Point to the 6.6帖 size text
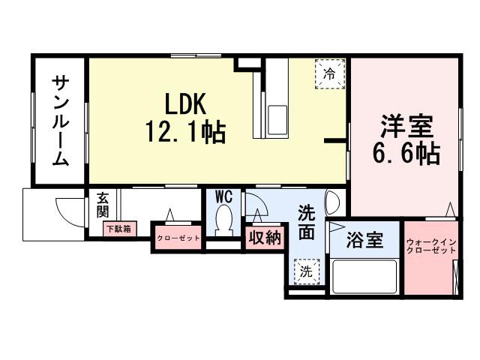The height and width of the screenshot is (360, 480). pos(406,153)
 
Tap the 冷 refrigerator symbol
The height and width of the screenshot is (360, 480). pos(329,74)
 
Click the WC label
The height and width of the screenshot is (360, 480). pos(223,196)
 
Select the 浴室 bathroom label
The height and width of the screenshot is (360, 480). pos(365,241)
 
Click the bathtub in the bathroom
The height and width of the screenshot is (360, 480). pos(364,277)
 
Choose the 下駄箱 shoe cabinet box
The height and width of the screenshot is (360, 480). pos(118,228)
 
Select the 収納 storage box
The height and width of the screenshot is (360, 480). pos(265,238)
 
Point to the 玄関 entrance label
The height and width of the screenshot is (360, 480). pos(103,205)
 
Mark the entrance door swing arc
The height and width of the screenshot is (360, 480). pos(69,214)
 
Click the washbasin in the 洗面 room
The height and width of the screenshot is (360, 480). pos(334,202)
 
